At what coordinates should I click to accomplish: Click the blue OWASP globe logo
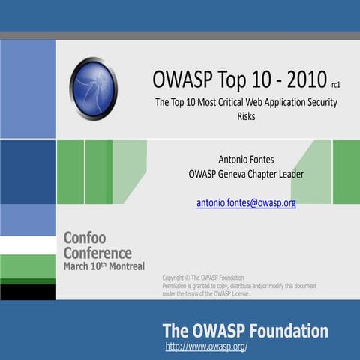pos(93,88)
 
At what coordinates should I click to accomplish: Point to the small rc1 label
pos(335,85)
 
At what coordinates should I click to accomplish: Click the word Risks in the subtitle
pos(246,116)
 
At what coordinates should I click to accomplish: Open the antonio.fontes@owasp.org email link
pos(246,202)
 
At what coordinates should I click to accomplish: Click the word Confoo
pos(85,238)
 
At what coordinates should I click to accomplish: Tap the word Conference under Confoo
pos(97,253)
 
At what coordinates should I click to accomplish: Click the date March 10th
pos(82,266)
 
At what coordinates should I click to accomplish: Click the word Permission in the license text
pos(180,286)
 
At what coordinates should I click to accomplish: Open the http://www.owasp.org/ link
pos(206,346)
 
